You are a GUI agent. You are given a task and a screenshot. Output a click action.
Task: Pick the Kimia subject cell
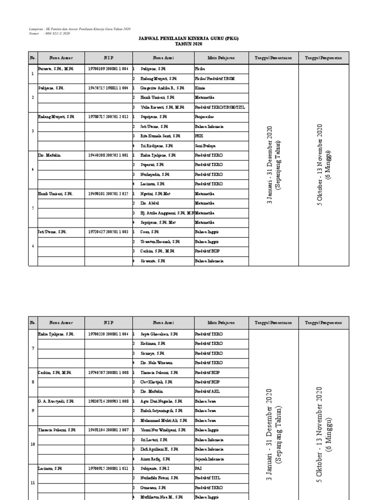(x=200, y=88)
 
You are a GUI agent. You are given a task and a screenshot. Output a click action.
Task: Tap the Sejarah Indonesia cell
(x=209, y=459)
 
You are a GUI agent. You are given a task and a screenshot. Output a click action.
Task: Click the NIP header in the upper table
(x=108, y=58)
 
